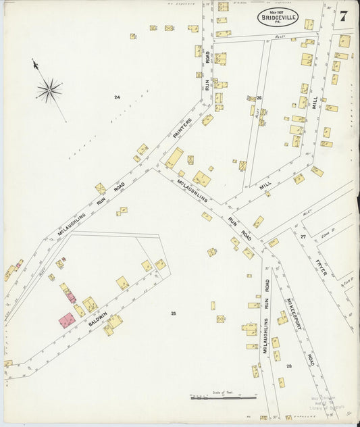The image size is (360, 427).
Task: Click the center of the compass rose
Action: pyautogui.click(x=49, y=88)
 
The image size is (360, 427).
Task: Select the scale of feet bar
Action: pyautogui.click(x=224, y=398)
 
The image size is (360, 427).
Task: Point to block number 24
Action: pyautogui.click(x=117, y=98)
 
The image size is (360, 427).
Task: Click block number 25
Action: pyautogui.click(x=174, y=313)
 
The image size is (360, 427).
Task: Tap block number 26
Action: pyautogui.click(x=259, y=98)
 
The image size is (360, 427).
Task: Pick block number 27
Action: pyautogui.click(x=303, y=236)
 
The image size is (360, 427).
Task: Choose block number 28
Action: pyautogui.click(x=288, y=366)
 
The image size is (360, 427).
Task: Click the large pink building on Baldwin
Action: pyautogui.click(x=67, y=320)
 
